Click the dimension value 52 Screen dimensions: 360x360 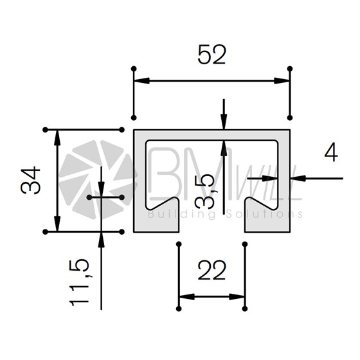(x=212, y=55)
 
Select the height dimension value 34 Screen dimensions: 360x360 (x=31, y=181)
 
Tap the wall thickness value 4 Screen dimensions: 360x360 (x=331, y=152)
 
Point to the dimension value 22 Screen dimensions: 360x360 (x=212, y=271)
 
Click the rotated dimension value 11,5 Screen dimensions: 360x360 (x=79, y=283)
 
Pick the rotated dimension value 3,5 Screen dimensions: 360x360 (x=204, y=192)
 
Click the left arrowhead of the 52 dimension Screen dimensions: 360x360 (x=142, y=81)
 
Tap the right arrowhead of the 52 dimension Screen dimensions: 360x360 (x=282, y=81)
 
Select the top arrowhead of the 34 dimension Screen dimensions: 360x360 (x=57, y=138)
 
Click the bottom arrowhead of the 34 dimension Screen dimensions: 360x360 (x=57, y=224)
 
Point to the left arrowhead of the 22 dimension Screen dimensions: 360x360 (x=187, y=297)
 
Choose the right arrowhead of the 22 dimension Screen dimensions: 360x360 (x=237, y=297)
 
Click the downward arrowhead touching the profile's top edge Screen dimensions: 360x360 (x=224, y=122)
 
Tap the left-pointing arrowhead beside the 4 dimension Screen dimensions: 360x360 (x=298, y=178)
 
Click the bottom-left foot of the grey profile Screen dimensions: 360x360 (x=156, y=220)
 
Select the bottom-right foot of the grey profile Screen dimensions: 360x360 (x=267, y=220)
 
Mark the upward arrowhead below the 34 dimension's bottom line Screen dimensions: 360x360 (x=102, y=240)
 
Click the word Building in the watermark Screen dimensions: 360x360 (x=182, y=215)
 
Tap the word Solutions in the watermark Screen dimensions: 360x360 (x=264, y=214)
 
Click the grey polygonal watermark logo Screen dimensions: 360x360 (x=96, y=179)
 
